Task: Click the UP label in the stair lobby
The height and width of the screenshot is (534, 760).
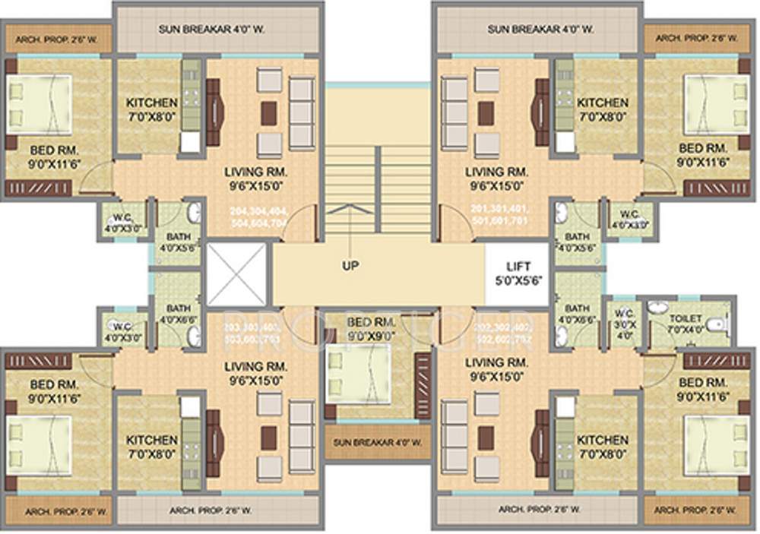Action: pos(350,266)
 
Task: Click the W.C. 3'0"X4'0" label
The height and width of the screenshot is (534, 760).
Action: pos(625,324)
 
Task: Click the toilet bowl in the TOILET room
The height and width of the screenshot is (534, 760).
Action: pos(713,324)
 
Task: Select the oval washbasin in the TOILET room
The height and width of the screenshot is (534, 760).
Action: pos(658,308)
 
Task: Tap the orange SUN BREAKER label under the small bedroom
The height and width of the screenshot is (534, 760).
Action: pos(373,442)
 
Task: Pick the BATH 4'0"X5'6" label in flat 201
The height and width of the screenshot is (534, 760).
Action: pos(577,242)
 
